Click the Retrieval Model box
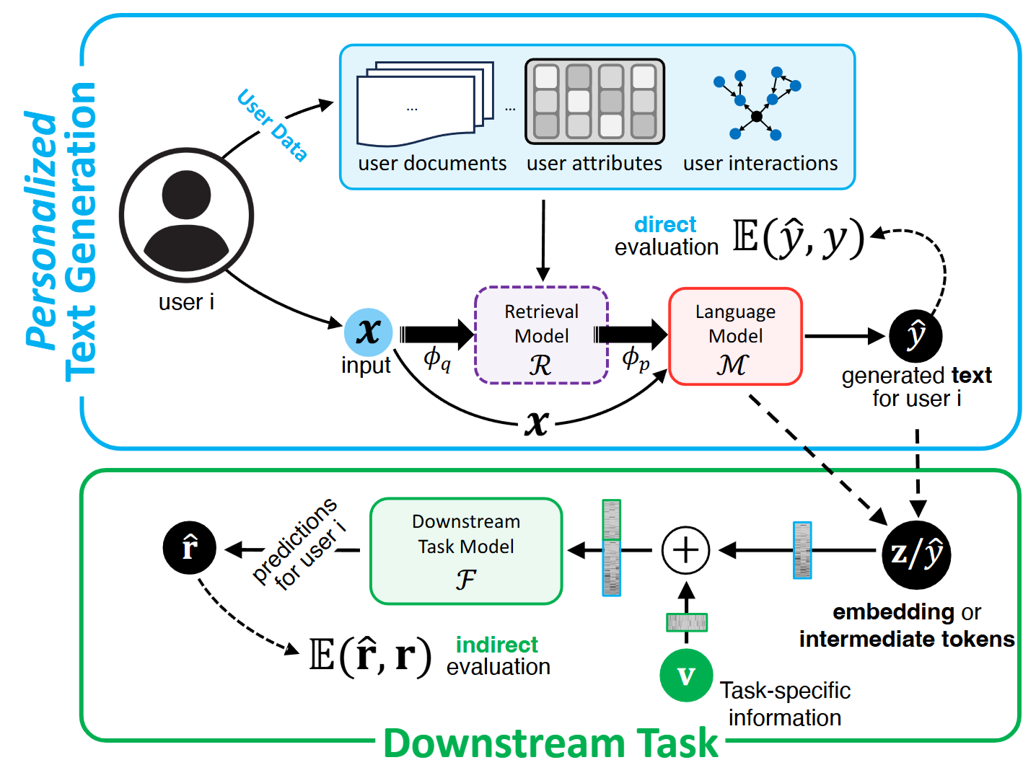[541, 335]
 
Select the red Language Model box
[735, 336]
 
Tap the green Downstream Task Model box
[466, 551]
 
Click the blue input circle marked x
[368, 332]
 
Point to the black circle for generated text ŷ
[916, 335]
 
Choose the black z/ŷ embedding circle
[916, 554]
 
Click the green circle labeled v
[686, 676]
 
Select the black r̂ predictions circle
[190, 548]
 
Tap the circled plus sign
[685, 550]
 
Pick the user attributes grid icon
[594, 102]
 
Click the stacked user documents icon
[424, 105]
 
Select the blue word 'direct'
[665, 225]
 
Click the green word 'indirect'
[497, 645]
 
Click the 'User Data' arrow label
[273, 124]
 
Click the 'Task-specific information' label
[785, 704]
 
